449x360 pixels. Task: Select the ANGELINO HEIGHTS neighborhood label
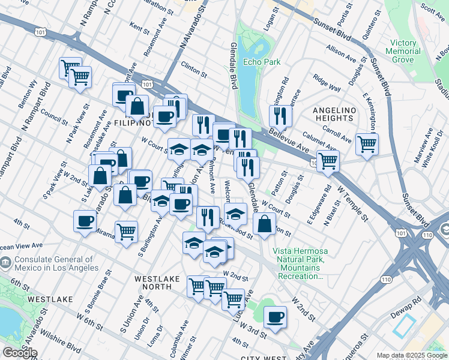point(334,115)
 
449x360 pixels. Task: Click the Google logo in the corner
point(19,353)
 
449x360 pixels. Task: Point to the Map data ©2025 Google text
point(411,355)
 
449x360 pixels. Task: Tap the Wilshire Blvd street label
point(65,347)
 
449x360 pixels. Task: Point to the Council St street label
point(55,115)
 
